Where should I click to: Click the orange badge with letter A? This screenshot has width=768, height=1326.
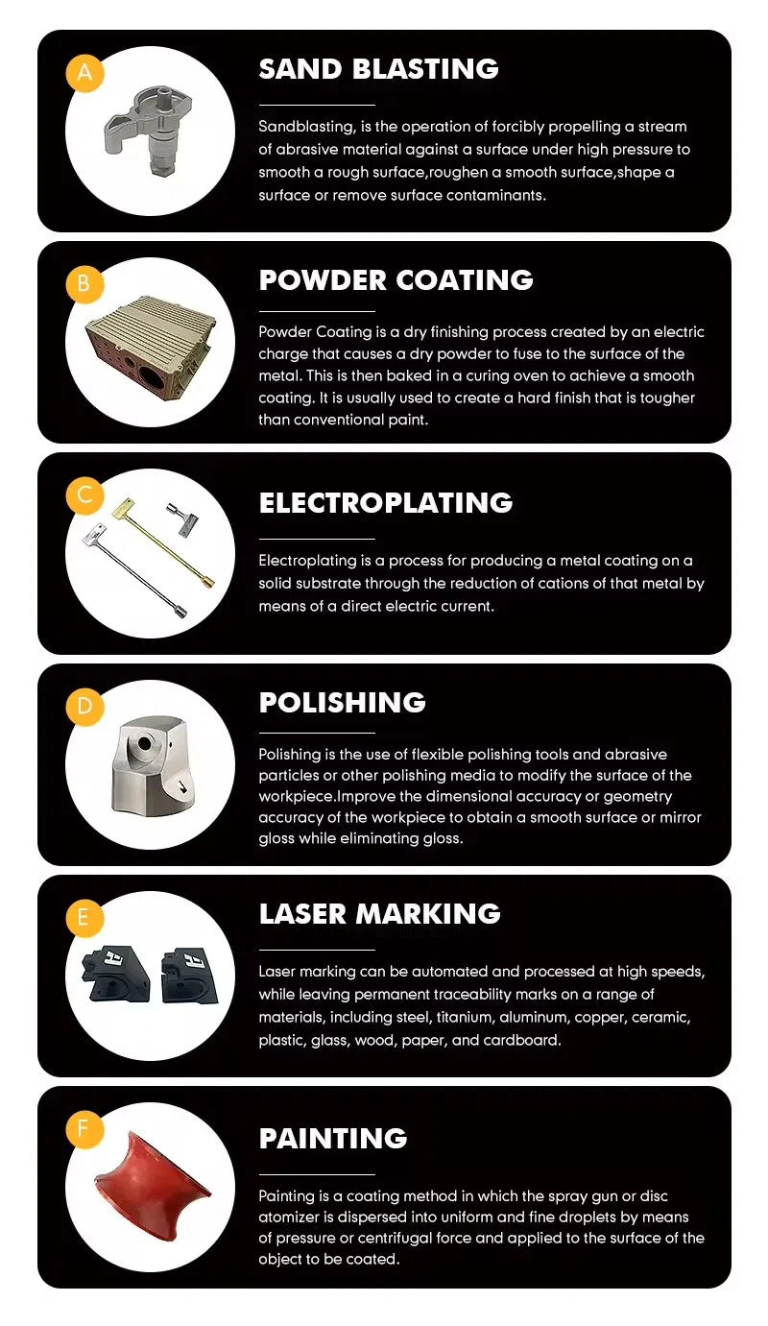pyautogui.click(x=84, y=73)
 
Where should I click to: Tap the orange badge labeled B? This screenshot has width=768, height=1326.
pyautogui.click(x=84, y=284)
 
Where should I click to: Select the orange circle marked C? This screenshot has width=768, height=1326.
pyautogui.click(x=84, y=495)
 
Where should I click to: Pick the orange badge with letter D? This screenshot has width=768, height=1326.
pyautogui.click(x=84, y=707)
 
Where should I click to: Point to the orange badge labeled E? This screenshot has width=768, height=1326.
pyautogui.click(x=84, y=918)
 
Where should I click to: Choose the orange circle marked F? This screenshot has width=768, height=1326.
pyautogui.click(x=84, y=1129)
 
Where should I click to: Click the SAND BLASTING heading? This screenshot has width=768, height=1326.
pyautogui.click(x=378, y=69)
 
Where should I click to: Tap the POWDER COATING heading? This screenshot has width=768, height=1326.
pyautogui.click(x=396, y=280)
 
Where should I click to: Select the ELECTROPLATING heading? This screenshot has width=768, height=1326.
pyautogui.click(x=386, y=503)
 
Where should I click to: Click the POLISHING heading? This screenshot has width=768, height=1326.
pyautogui.click(x=342, y=703)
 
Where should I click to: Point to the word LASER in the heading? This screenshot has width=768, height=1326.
pyautogui.click(x=302, y=914)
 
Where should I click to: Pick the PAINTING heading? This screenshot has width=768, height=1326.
pyautogui.click(x=333, y=1139)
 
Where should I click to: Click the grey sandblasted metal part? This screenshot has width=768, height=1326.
pyautogui.click(x=149, y=131)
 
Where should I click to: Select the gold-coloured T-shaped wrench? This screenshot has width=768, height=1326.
pyautogui.click(x=162, y=542)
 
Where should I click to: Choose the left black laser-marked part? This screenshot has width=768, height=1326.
pyautogui.click(x=116, y=974)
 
